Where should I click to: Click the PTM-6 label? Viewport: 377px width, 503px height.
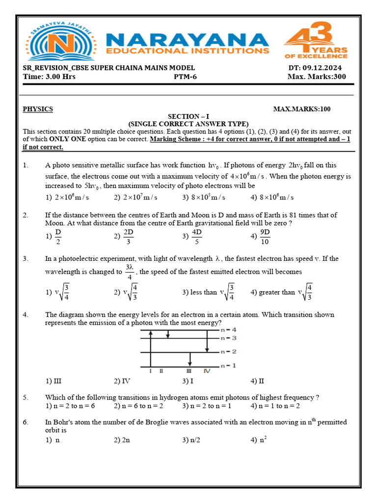click(185, 77)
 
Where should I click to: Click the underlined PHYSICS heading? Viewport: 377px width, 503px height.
click(38, 109)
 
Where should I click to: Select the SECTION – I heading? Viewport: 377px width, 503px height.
click(188, 116)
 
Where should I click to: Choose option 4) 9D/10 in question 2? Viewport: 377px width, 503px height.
click(261, 236)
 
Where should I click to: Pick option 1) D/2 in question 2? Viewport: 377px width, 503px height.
click(54, 236)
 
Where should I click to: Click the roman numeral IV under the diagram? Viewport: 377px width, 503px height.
click(207, 371)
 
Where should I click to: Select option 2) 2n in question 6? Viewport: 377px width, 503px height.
click(122, 440)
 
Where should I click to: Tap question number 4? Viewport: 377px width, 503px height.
click(26, 314)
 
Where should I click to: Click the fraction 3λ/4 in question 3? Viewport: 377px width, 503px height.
click(129, 271)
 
